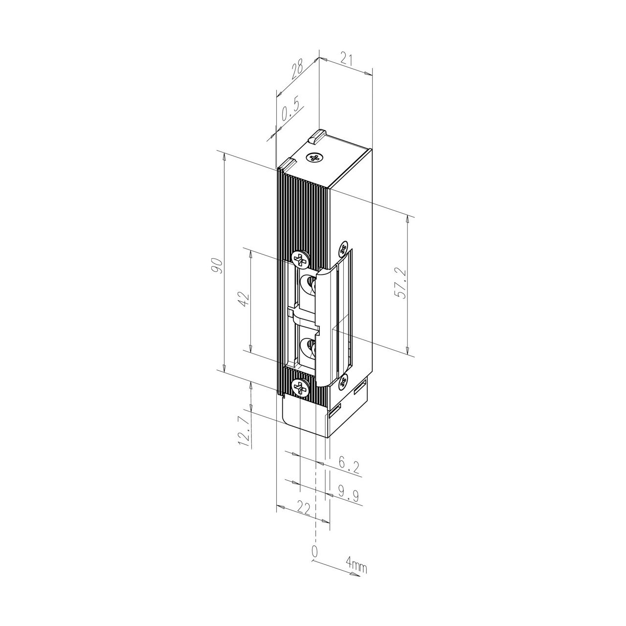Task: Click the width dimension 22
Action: click(x=304, y=509)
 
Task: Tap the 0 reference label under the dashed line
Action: click(x=314, y=551)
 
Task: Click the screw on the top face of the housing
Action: click(x=314, y=157)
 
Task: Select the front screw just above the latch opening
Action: click(x=300, y=259)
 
